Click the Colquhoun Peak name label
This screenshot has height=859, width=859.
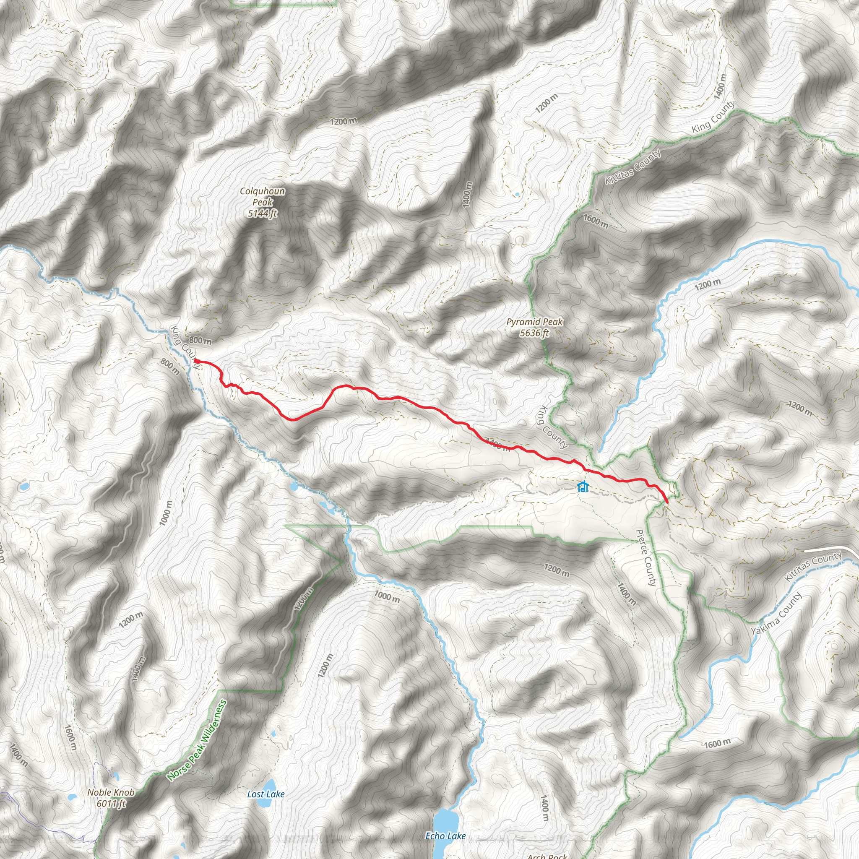pos(262,197)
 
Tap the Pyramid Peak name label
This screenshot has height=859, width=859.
pos(534,321)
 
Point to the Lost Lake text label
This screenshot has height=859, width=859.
pos(266,794)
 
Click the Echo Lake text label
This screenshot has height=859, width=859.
pos(445,836)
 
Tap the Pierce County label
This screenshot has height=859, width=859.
pos(646,557)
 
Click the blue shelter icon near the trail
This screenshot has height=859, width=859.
pos(583,487)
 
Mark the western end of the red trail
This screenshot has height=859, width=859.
pos(196,361)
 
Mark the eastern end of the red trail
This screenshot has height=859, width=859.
pos(667,502)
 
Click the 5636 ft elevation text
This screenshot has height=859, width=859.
pos(534,333)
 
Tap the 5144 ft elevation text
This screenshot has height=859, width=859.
pos(262,214)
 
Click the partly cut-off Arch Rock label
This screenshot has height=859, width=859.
pos(547,856)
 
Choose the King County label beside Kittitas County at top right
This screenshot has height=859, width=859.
pos(713,117)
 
